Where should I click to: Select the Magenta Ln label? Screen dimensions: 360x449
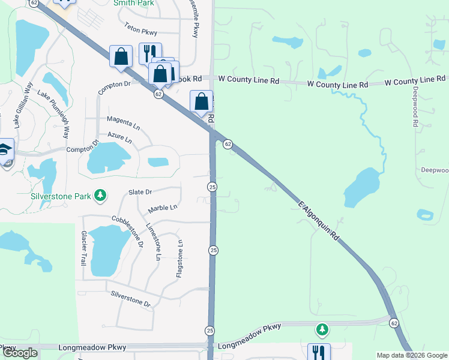(x=123, y=122)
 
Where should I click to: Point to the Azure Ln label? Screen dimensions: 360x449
(x=120, y=138)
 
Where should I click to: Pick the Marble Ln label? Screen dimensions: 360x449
(x=163, y=208)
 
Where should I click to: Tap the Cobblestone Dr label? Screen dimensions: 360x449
(x=127, y=232)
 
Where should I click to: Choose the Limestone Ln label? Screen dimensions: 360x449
(x=155, y=241)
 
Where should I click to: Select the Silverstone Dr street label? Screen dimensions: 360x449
(x=130, y=298)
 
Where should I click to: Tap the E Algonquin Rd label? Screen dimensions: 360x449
(x=319, y=221)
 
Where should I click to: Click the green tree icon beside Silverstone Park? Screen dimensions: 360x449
(x=101, y=195)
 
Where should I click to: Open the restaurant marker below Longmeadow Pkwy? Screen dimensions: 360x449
(x=318, y=352)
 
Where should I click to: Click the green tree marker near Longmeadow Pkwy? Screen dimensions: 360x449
(x=322, y=329)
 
